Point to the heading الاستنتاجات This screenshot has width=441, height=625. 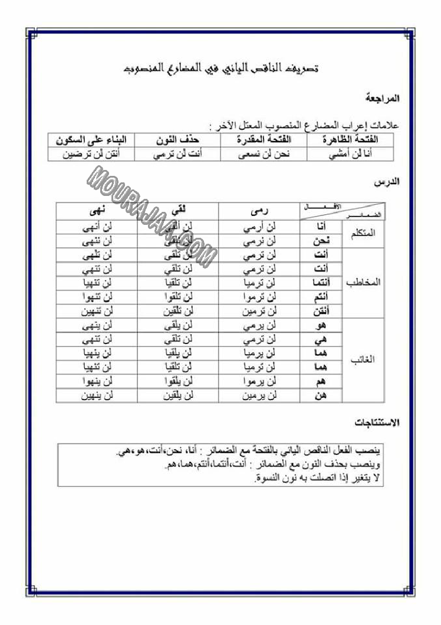click(x=377, y=423)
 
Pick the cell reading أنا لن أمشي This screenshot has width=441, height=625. click(x=353, y=154)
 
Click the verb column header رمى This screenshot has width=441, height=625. click(x=259, y=210)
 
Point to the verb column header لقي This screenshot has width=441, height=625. click(x=177, y=210)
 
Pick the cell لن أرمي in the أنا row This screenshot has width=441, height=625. click(x=259, y=227)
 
